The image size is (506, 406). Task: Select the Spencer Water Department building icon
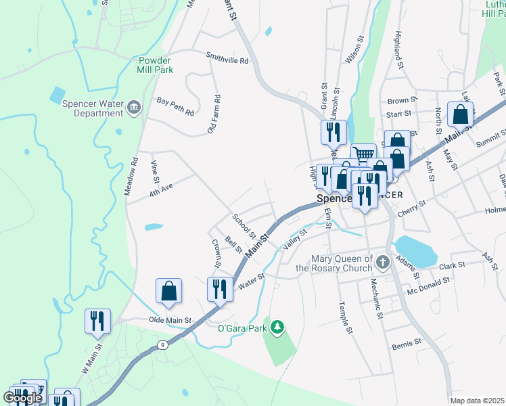[x=134, y=106]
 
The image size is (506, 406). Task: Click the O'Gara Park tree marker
[x=277, y=328]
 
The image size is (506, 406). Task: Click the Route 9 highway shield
[x=162, y=345]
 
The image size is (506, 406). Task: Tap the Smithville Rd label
[x=228, y=60]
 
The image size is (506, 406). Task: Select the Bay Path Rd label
[x=175, y=106]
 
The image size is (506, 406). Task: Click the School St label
[x=244, y=227]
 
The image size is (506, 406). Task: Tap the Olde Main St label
[x=170, y=319]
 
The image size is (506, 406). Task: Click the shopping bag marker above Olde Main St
[x=168, y=290]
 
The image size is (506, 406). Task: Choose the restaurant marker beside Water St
[x=220, y=288]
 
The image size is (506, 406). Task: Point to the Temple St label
[x=346, y=317]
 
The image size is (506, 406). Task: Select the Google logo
[x=22, y=398]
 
